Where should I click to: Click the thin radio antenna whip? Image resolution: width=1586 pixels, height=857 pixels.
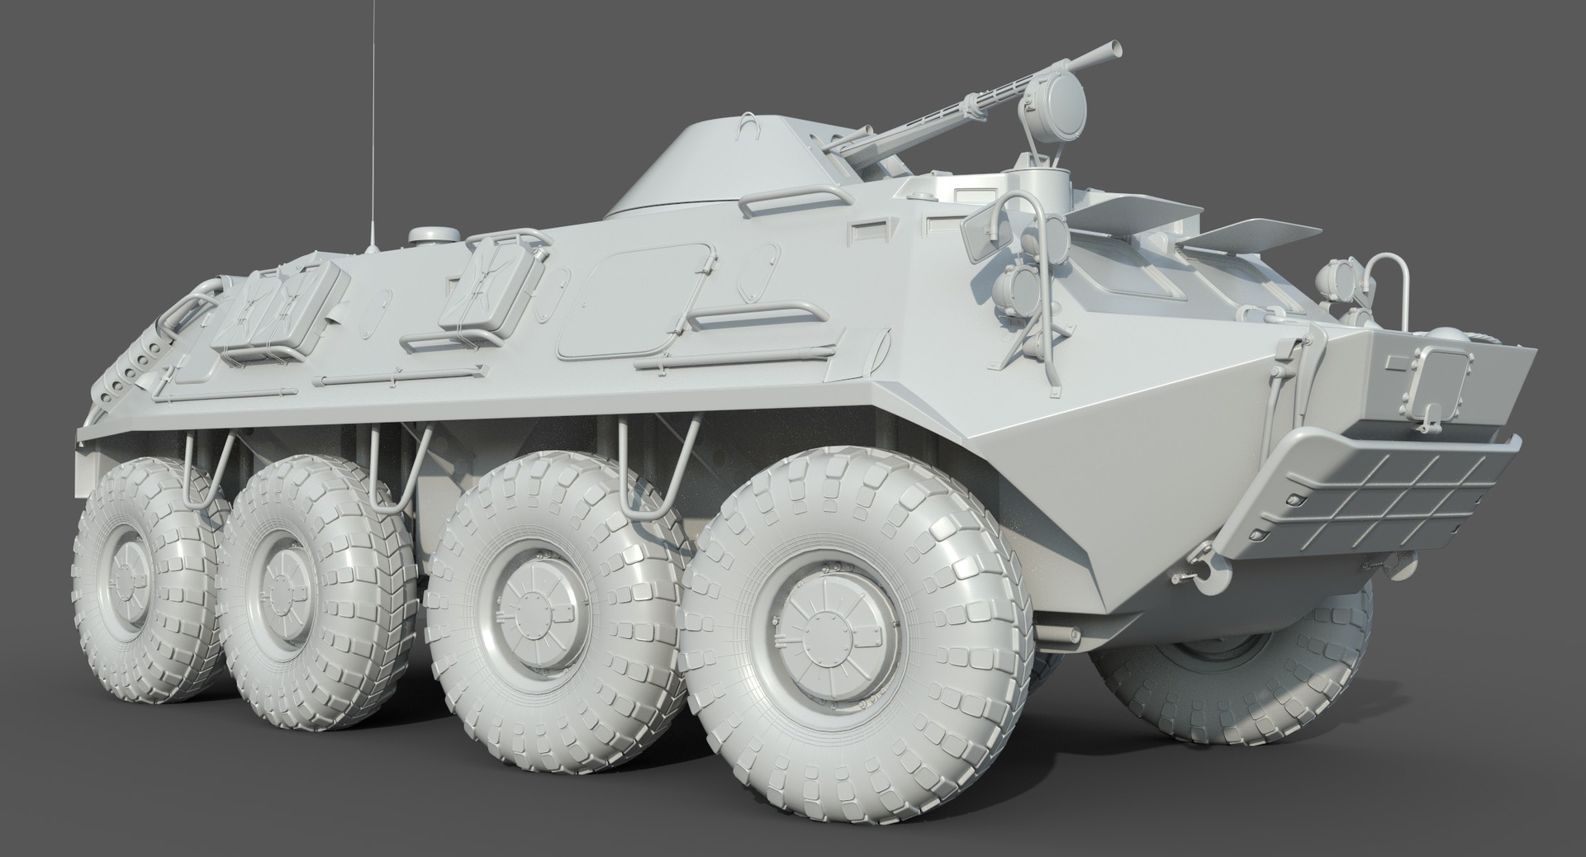(375, 124)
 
